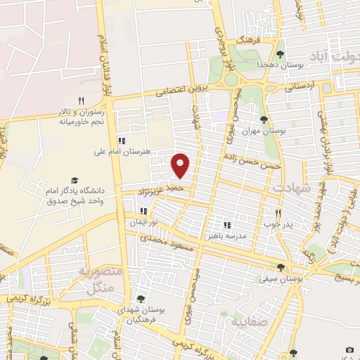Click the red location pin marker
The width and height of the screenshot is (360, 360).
[181, 165]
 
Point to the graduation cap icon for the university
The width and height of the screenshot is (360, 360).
[73, 181]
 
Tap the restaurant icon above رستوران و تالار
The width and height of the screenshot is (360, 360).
[81, 101]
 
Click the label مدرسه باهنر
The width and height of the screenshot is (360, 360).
[226, 236]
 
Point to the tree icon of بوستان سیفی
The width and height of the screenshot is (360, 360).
[281, 267]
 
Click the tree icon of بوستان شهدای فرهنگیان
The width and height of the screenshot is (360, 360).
[141, 300]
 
